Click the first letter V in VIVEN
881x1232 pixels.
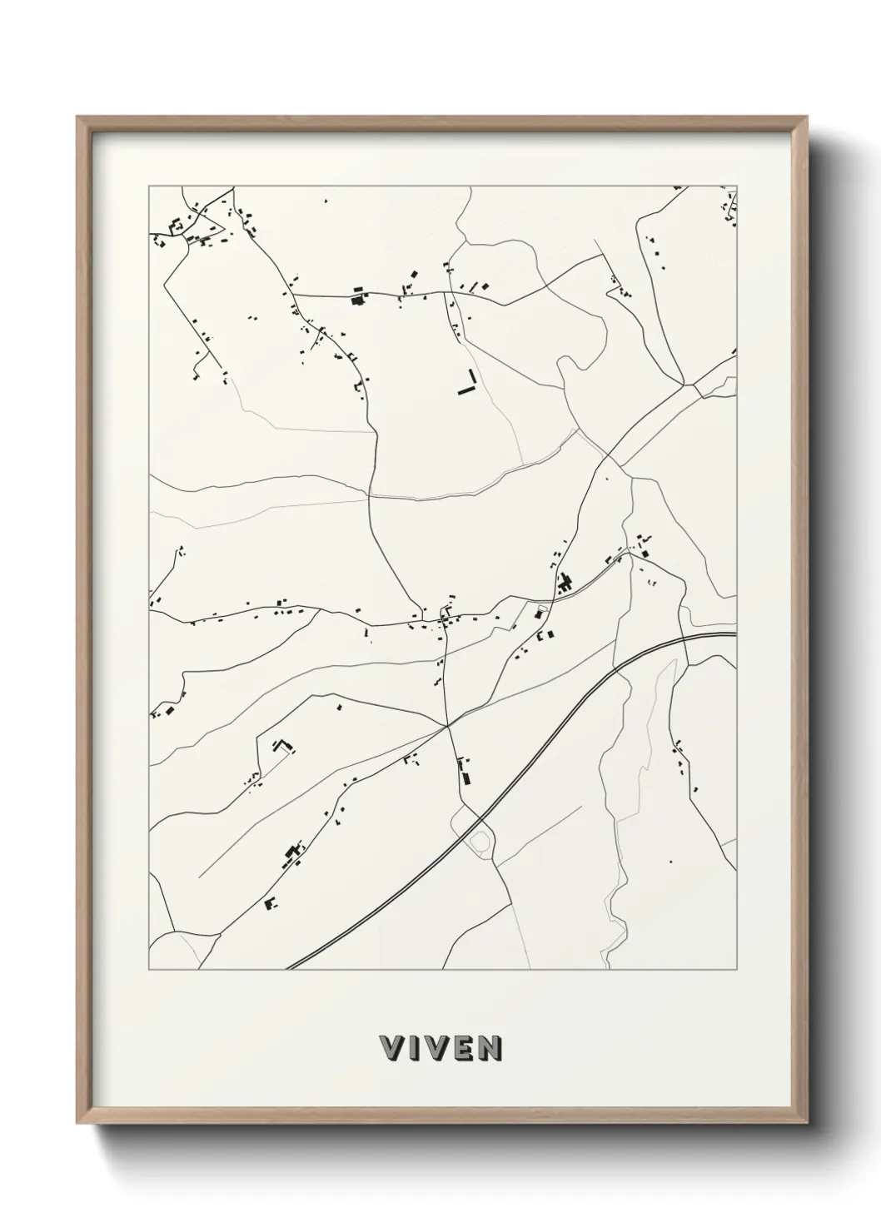[x=392, y=1049]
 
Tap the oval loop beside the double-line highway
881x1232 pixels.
[x=479, y=842]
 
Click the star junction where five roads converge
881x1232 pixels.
[x=448, y=726]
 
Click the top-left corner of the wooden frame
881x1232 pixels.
[x=77, y=117]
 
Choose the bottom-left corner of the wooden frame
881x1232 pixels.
[x=77, y=1126]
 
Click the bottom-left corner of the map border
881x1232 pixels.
[x=149, y=970]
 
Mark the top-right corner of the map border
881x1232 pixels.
[x=738, y=186]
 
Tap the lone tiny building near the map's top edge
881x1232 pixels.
[x=326, y=201]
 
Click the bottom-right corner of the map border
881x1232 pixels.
[x=738, y=970]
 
